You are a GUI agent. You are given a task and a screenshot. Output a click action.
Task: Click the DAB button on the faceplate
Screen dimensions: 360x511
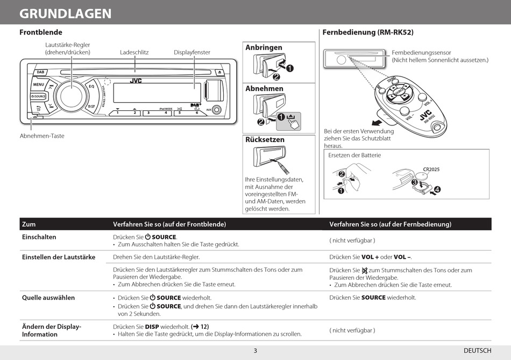[x=41, y=72]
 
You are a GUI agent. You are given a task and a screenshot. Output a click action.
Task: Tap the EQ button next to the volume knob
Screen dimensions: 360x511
[x=91, y=86]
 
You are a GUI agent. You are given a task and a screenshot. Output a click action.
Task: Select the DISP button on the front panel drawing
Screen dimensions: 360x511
[x=91, y=106]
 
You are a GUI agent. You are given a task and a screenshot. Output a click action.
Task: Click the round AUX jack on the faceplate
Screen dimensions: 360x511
[x=216, y=110]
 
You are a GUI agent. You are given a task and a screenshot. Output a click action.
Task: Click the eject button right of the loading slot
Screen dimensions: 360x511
[x=219, y=72]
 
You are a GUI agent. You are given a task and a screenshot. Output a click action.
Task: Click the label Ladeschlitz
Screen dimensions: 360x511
[x=134, y=52]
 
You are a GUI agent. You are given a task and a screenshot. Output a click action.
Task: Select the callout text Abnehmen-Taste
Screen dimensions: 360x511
[x=42, y=136]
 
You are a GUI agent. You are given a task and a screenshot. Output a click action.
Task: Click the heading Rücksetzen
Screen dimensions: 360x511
[x=265, y=139]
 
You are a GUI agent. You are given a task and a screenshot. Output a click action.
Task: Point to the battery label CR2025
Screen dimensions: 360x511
[x=431, y=170]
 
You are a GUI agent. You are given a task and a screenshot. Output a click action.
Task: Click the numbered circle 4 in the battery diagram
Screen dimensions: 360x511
[x=437, y=189]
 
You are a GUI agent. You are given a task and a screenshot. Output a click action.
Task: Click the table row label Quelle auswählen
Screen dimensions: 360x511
[x=48, y=298]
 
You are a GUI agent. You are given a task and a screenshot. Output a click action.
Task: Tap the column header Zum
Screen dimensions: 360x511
[x=29, y=224]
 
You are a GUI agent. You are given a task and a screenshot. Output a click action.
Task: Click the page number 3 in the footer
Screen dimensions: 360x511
[x=256, y=351]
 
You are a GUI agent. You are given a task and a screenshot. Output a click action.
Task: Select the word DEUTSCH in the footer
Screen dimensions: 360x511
[x=477, y=351]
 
